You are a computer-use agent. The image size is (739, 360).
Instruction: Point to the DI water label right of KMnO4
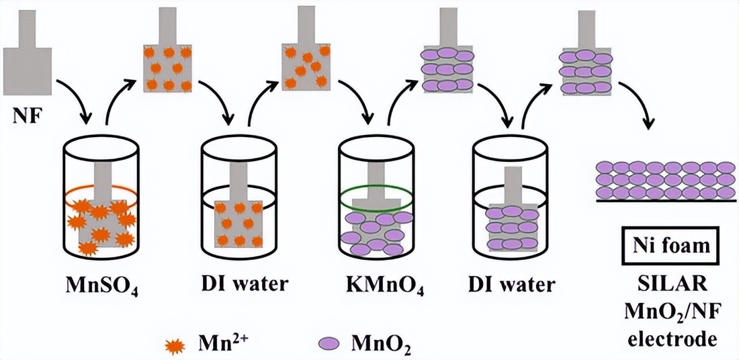(512, 283)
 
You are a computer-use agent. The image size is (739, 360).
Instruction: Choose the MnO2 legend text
(380, 343)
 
